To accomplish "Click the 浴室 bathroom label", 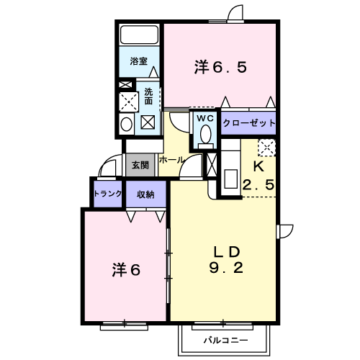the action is click(x=138, y=61).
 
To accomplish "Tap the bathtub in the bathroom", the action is click(x=139, y=35).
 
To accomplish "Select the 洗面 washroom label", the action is click(x=148, y=96).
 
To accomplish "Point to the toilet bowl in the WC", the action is click(x=206, y=134).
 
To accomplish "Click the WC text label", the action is click(x=205, y=118).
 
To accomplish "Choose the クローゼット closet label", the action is click(x=248, y=123).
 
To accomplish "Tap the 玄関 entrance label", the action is click(x=140, y=165).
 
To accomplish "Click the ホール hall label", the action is click(x=171, y=160).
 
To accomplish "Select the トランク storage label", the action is click(x=108, y=194).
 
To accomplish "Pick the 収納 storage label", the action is click(x=145, y=194).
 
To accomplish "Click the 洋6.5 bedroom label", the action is click(x=220, y=67).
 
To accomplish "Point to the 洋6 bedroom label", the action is click(x=126, y=270).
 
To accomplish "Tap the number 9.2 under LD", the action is click(x=226, y=268).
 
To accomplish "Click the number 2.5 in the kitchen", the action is click(x=258, y=185).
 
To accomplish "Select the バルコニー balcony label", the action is click(x=225, y=341).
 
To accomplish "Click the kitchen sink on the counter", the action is click(x=230, y=179).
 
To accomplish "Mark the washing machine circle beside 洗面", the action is click(x=127, y=124).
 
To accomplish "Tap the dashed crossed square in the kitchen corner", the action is click(x=266, y=148).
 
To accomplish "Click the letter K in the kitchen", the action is click(x=258, y=166).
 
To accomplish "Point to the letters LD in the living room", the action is click(x=227, y=252).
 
